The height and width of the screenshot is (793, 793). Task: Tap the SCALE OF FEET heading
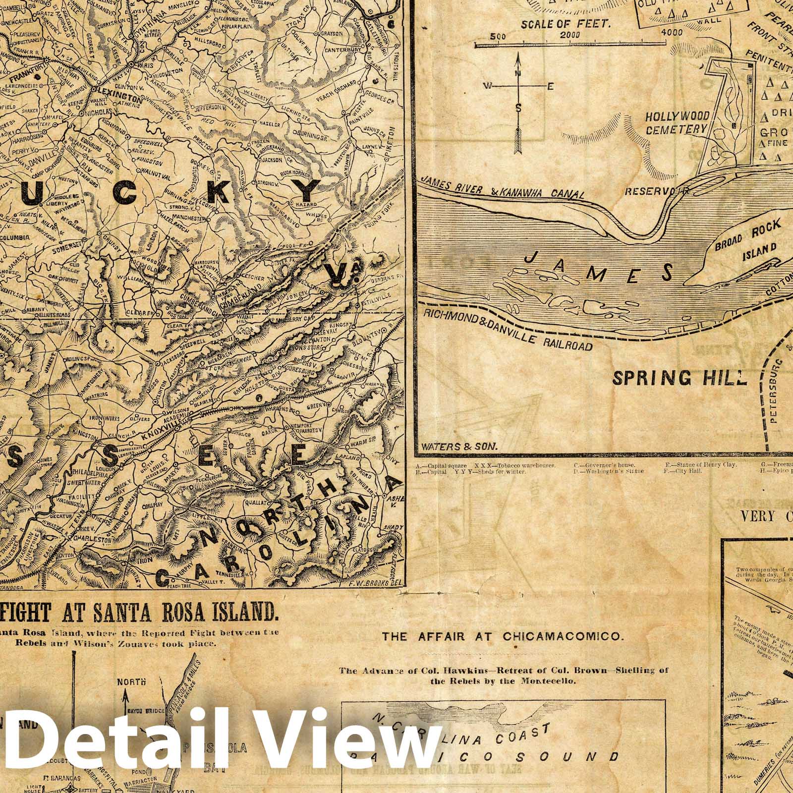click(556, 23)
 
